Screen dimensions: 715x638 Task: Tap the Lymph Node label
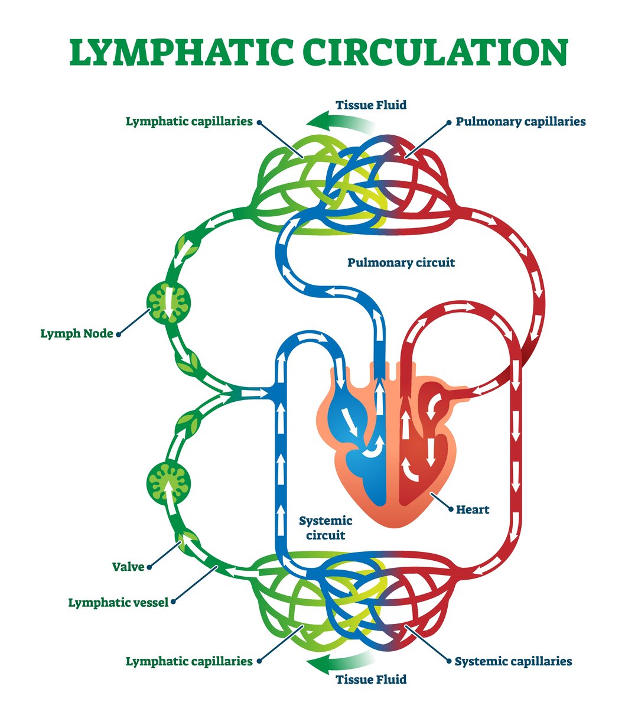[77, 334]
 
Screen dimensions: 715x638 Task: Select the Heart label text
[473, 509]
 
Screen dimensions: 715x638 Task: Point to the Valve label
[128, 567]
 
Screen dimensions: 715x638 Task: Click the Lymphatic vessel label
[118, 603]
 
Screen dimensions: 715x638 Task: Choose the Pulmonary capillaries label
[520, 122]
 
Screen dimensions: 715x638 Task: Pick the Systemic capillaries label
[513, 661]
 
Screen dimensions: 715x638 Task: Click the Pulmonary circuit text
[401, 262]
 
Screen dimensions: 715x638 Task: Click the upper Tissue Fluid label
[371, 105]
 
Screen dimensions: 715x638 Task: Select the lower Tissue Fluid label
[371, 680]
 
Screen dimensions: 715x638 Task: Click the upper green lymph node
[169, 302]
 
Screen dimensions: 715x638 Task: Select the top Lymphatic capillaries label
[189, 122]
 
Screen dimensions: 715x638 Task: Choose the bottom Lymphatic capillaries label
[189, 661]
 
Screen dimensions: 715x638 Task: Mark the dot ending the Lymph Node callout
[119, 334]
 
